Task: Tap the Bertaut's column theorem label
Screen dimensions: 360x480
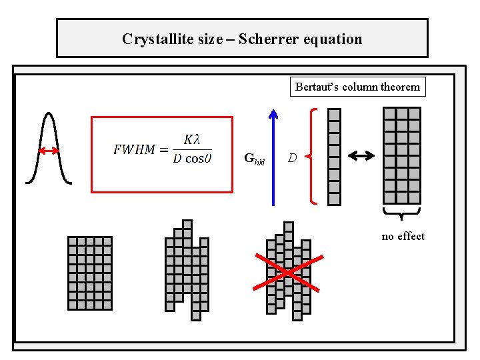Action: (357, 87)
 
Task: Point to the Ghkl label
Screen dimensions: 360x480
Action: (254, 159)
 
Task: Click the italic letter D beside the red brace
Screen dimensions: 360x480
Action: (292, 158)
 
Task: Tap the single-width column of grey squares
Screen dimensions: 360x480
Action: (335, 156)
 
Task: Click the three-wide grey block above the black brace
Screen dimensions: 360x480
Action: (402, 155)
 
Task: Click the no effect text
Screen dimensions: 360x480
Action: (403, 236)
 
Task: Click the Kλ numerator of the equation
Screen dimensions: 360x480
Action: (191, 139)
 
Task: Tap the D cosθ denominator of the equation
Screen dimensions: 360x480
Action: (192, 159)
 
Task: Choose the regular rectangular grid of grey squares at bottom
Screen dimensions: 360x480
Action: (90, 273)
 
